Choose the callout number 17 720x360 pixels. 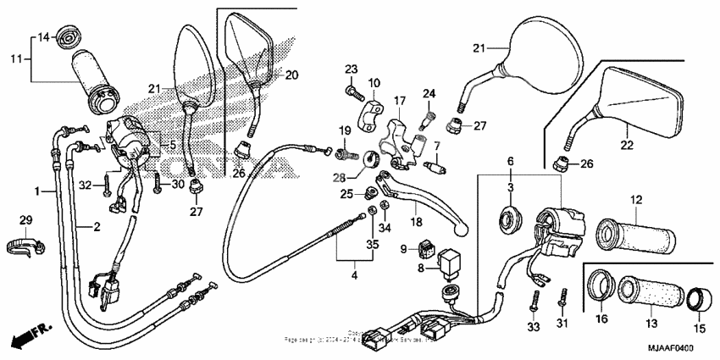400,100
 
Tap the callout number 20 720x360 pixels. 291,75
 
